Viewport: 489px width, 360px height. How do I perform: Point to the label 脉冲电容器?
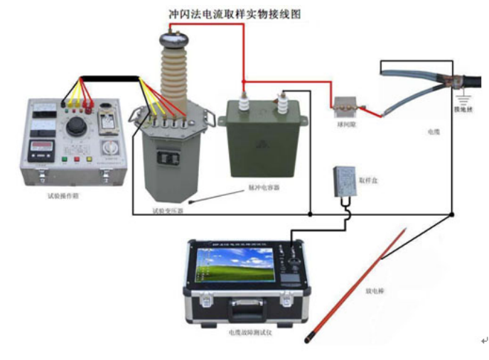point(264,188)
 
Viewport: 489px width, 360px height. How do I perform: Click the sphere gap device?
point(345,106)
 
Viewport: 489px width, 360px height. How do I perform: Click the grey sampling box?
point(346,180)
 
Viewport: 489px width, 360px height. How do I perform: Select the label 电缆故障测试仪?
point(249,332)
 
